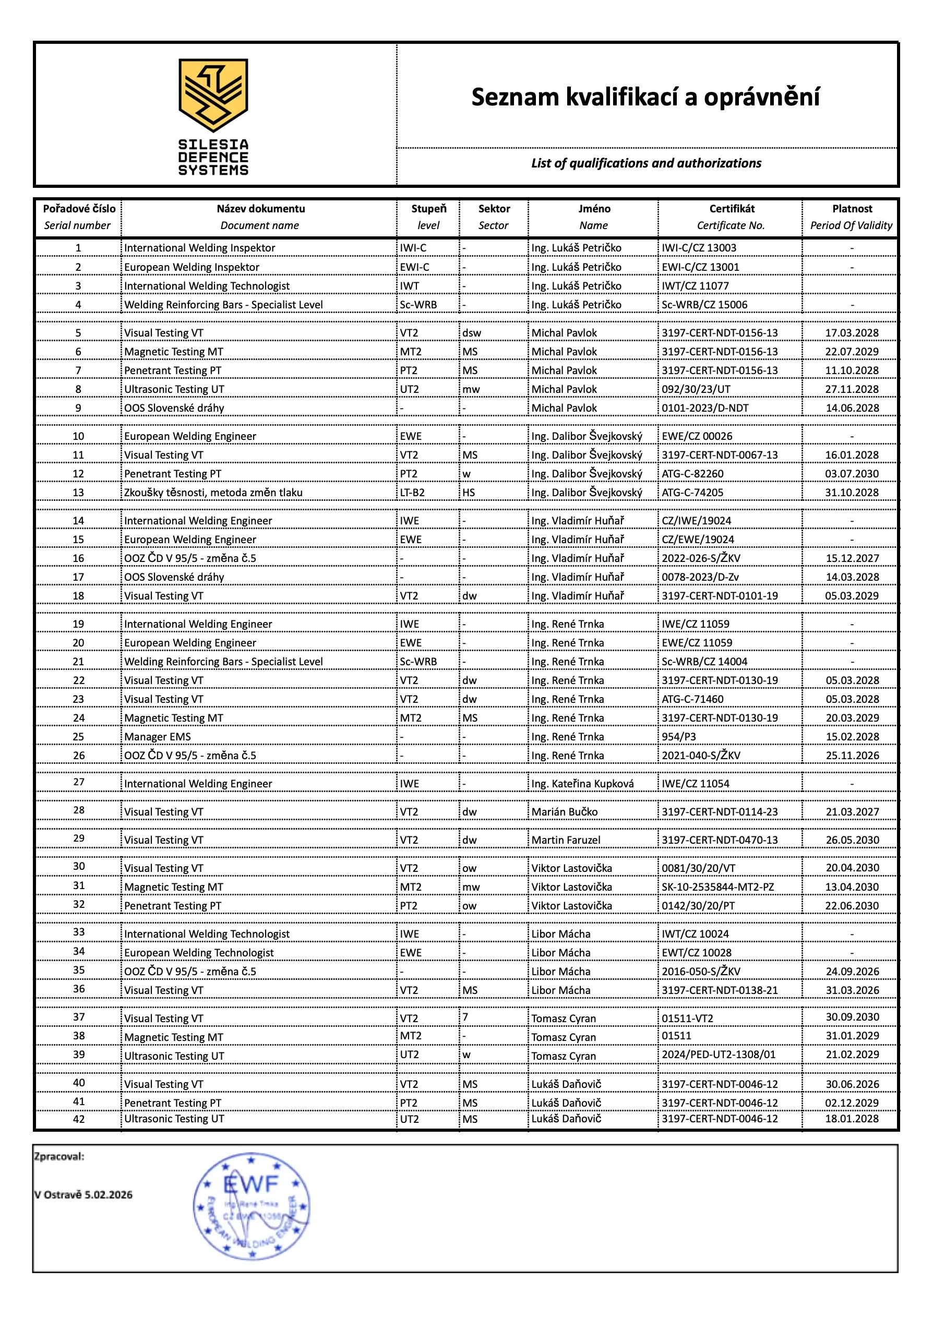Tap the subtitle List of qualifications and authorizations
646,163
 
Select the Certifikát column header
732,209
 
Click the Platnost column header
852,209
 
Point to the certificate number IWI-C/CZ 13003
699,248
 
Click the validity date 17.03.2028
852,333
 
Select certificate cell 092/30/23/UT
696,389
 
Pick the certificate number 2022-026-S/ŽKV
701,558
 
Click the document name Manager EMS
158,737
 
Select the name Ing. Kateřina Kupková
582,784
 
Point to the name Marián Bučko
564,812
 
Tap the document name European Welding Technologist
199,953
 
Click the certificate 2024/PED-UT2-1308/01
718,1055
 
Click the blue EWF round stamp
252,1206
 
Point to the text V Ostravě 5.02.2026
83,1195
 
